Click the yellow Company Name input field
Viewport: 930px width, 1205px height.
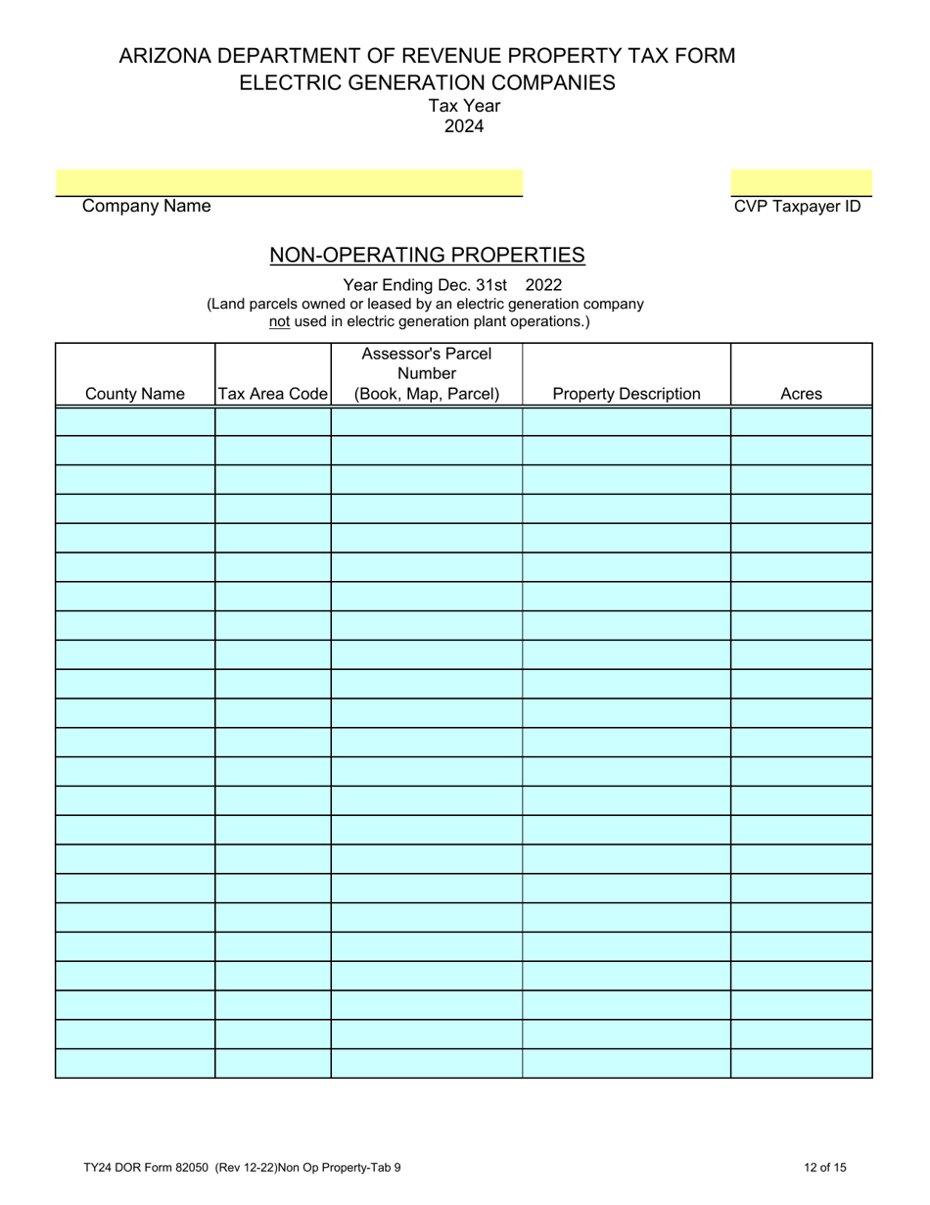289,182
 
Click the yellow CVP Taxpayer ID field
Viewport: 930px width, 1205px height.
801,182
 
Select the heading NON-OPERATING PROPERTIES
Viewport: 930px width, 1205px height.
427,256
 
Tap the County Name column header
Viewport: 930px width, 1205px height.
135,394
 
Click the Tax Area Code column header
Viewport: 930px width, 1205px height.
272,394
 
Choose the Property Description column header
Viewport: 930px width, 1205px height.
627,394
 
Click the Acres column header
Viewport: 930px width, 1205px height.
801,394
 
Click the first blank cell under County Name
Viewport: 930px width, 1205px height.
135,422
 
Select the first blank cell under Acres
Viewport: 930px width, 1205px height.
801,422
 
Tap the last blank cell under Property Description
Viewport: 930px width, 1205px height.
627,1063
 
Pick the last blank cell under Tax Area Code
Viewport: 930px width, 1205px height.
272,1063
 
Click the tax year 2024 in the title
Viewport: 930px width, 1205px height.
464,125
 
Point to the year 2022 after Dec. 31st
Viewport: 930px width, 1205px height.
544,286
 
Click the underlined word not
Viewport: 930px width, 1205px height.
279,320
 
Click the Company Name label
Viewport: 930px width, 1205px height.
146,207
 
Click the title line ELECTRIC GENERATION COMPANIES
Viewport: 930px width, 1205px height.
427,82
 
